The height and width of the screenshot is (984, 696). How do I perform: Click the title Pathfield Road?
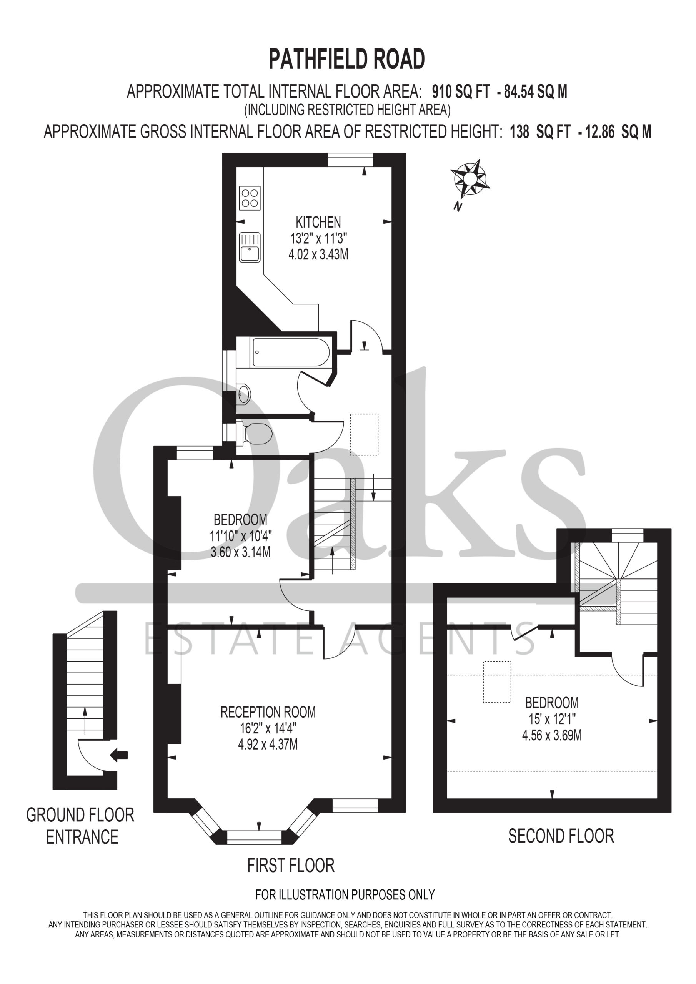(x=346, y=59)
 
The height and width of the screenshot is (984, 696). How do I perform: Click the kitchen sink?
(x=250, y=247)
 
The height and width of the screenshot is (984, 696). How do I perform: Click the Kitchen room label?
(x=318, y=223)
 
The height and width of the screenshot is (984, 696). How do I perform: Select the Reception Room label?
(x=268, y=712)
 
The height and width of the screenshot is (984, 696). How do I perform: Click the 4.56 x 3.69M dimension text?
(x=552, y=735)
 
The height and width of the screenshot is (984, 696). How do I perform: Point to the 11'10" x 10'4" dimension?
(x=241, y=536)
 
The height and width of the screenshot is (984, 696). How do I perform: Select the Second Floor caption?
(x=561, y=836)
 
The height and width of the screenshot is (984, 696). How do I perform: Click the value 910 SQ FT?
(x=461, y=92)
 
